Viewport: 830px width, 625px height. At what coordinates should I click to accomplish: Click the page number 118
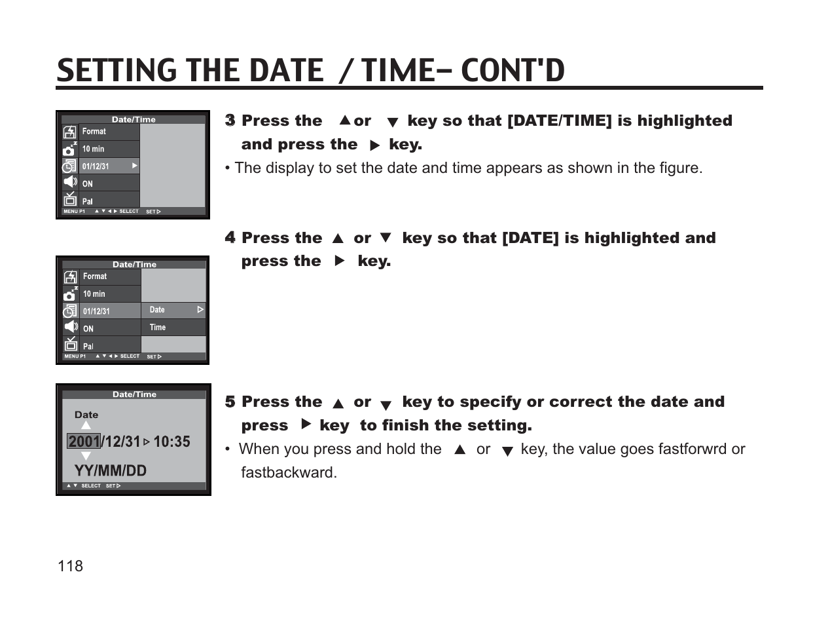70,566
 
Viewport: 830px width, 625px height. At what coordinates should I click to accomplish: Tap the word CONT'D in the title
513,71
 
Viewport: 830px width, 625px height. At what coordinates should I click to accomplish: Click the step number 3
230,121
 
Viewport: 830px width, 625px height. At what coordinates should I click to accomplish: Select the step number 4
230,238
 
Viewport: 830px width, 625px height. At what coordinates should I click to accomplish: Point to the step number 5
230,402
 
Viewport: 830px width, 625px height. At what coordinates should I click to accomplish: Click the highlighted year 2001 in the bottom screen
84,442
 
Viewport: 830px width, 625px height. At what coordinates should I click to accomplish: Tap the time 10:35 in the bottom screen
171,442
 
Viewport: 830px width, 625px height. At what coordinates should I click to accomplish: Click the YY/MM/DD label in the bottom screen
110,470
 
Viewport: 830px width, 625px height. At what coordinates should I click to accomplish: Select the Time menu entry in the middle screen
158,328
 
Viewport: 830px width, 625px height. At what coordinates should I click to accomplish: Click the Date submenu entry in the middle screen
158,310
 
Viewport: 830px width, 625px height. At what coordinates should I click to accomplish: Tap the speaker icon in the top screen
70,182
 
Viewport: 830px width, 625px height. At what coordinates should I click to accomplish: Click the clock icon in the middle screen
70,311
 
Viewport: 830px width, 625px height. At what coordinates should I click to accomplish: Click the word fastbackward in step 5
288,472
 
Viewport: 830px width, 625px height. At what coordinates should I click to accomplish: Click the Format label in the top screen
94,132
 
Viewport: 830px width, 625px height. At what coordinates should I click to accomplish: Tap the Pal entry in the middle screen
88,346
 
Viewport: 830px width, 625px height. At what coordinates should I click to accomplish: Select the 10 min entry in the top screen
93,149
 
